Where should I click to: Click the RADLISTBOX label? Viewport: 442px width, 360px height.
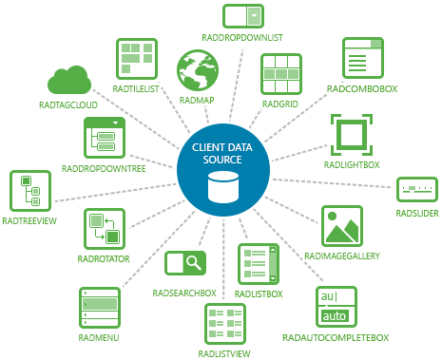[x=259, y=294]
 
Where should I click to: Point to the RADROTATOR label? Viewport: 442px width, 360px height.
[x=105, y=256]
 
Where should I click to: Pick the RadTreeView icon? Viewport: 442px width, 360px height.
[x=29, y=191]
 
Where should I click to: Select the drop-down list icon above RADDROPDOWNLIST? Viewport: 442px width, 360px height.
[x=242, y=16]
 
